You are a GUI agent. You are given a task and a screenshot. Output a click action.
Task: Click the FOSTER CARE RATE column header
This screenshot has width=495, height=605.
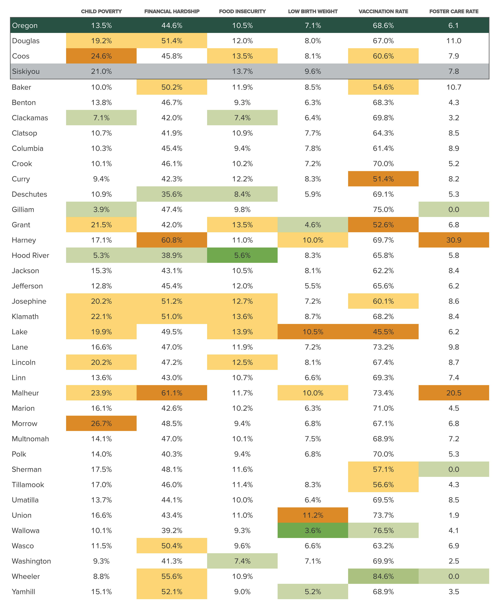coord(454,11)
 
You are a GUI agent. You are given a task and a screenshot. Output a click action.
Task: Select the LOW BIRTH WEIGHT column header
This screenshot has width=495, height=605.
coord(313,11)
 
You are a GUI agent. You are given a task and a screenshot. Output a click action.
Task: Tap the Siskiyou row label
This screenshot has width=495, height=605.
coord(26,71)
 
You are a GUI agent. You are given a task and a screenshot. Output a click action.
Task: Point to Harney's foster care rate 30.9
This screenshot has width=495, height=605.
coord(454,240)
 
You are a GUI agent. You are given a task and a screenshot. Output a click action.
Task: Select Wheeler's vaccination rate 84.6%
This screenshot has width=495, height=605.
coord(383,576)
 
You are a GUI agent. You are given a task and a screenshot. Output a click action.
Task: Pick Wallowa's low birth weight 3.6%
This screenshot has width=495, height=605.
coord(313,530)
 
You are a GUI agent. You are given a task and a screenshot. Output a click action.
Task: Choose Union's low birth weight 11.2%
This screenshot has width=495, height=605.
coord(313,515)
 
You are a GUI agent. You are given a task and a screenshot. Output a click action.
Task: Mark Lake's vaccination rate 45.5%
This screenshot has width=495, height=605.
coord(383,332)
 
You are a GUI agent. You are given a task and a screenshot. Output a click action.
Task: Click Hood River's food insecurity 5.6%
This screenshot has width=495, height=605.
coord(242,255)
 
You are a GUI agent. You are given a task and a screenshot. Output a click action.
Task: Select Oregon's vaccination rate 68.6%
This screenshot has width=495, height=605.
coord(383,25)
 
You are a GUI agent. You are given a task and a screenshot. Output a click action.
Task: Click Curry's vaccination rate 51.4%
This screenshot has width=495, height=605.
coord(383,179)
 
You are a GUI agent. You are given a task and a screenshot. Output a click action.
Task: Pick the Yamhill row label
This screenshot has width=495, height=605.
coord(23,592)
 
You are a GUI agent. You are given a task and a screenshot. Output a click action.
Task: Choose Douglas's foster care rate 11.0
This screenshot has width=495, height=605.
coord(454,41)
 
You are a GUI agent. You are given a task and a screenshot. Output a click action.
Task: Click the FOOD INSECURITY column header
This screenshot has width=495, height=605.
coord(242,11)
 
